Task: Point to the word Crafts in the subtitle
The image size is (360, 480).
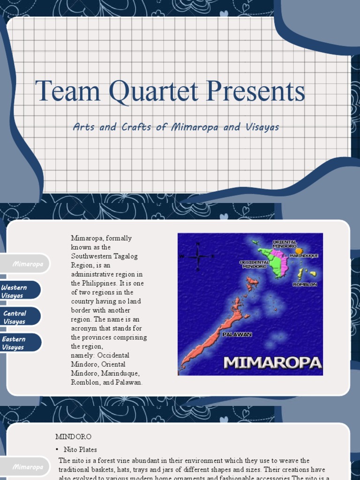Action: pyautogui.click(x=136, y=127)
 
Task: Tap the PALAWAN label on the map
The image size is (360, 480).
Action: pyautogui.click(x=237, y=335)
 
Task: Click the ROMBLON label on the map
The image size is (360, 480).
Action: pyautogui.click(x=305, y=285)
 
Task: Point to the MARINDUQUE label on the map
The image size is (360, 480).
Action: pyautogui.click(x=304, y=256)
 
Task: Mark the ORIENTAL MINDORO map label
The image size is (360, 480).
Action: pyautogui.click(x=285, y=244)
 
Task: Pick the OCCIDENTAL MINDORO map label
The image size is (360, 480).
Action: pyautogui.click(x=254, y=264)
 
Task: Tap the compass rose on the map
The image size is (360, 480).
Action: pyautogui.click(x=198, y=256)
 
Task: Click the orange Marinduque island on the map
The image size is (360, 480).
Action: pyautogui.click(x=299, y=251)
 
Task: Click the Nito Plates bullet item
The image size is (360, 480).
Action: pyautogui.click(x=80, y=450)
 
